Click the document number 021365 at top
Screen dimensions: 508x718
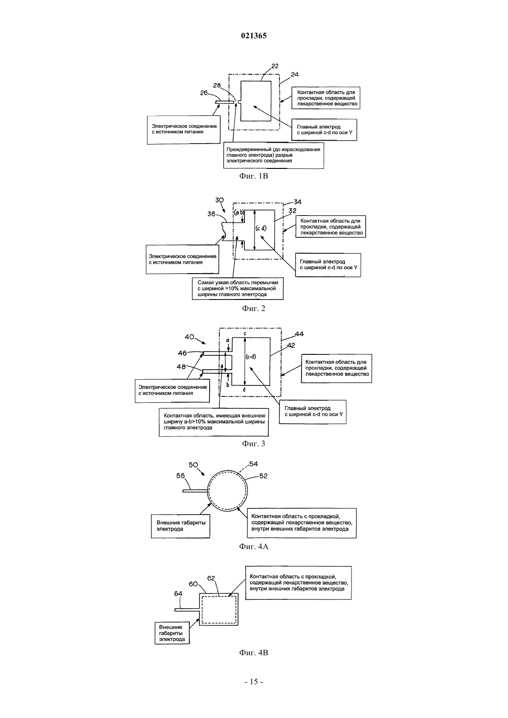[254, 36]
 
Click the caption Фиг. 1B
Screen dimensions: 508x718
[254, 176]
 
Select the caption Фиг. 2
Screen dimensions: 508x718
[254, 308]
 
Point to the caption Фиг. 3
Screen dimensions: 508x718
[254, 443]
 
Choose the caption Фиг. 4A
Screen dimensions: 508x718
[254, 546]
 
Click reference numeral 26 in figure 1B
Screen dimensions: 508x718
[204, 93]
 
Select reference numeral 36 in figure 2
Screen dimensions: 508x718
[212, 214]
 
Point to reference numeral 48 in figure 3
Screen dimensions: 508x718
[181, 367]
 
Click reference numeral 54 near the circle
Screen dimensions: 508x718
[254, 464]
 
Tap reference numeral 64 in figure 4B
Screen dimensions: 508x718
[178, 593]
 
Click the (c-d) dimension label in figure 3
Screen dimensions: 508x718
[251, 356]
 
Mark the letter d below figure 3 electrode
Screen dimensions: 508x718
[244, 390]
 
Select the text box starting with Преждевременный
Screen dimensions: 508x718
[273, 155]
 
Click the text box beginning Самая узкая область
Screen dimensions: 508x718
[238, 288]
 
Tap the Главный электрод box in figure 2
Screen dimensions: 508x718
[328, 265]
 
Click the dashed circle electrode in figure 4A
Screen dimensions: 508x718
[208, 491]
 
